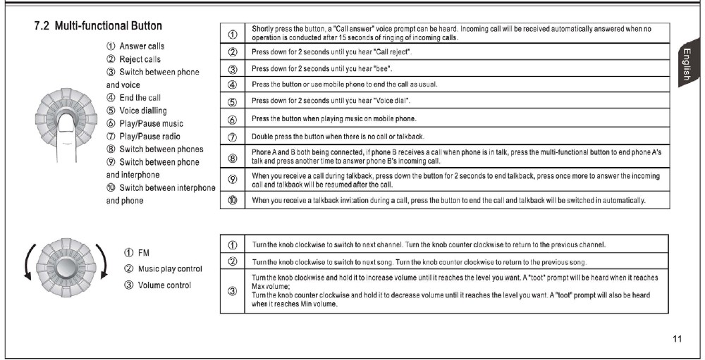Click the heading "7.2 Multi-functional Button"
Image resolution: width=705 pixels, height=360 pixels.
coord(98,27)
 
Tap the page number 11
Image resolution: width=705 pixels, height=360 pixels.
coord(677,340)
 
